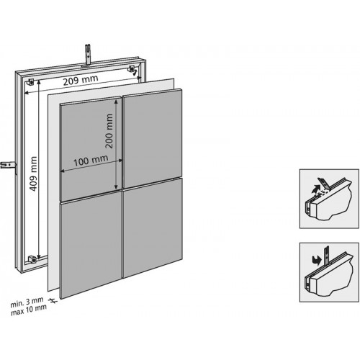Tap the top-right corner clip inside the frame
(x=134, y=70)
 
